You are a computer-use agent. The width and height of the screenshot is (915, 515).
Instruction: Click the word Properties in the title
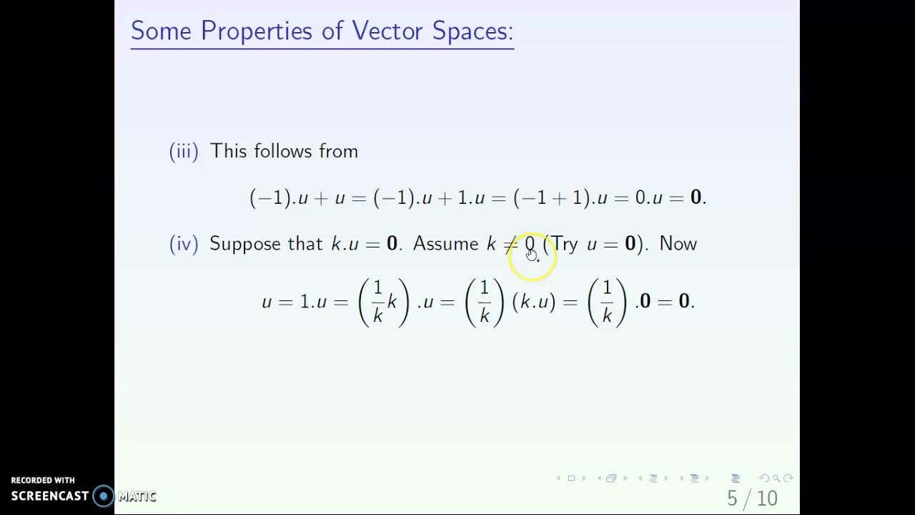pos(257,31)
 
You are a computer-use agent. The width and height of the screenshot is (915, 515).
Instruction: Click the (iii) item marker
pos(184,152)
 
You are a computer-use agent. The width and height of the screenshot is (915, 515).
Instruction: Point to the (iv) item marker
pos(184,244)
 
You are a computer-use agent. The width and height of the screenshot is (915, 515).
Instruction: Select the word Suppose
pos(245,245)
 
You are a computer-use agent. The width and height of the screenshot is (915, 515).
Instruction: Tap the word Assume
pos(445,244)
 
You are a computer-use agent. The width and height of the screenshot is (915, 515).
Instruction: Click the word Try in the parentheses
pos(564,245)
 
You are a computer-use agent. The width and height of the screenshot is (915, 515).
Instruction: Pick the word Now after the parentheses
pos(678,244)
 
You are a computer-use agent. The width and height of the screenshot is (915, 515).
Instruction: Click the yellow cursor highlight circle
pos(533,256)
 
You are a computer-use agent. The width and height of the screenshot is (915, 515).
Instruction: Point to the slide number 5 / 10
pos(752,498)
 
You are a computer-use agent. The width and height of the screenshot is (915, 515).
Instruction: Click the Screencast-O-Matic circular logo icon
pos(104,496)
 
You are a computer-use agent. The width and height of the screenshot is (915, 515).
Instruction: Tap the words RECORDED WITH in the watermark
pos(43,481)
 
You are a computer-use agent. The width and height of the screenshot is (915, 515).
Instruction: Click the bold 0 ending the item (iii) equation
pos(696,198)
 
